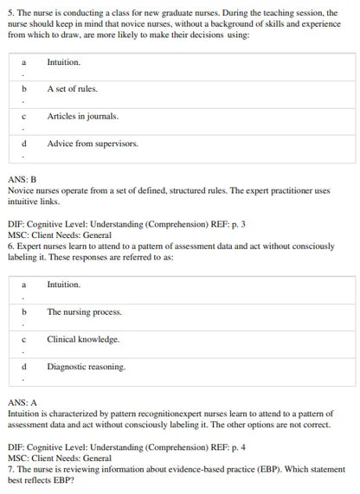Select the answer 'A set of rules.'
click(x=72, y=89)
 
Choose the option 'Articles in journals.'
click(x=83, y=116)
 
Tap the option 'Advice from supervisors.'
click(x=93, y=144)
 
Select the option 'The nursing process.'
click(x=84, y=312)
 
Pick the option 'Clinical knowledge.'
click(x=83, y=339)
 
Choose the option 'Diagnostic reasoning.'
click(x=86, y=367)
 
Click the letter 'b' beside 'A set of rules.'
click(x=24, y=89)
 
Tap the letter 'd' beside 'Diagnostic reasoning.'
click(x=24, y=367)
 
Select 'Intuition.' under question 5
click(x=63, y=62)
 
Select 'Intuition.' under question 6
click(x=63, y=285)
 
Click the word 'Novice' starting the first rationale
click(x=22, y=189)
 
